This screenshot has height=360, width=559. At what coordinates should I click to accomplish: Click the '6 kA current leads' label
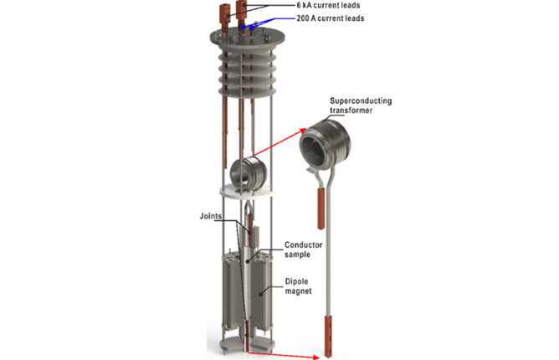click(328, 5)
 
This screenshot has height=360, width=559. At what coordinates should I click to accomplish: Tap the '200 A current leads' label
click(331, 18)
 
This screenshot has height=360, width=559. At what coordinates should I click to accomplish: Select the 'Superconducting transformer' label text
click(361, 105)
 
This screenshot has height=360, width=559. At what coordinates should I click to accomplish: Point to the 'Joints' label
click(211, 216)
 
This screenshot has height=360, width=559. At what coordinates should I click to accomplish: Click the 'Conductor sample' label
click(304, 249)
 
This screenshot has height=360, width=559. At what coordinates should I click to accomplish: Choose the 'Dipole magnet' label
click(298, 286)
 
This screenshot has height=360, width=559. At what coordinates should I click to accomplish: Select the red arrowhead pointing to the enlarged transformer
click(302, 131)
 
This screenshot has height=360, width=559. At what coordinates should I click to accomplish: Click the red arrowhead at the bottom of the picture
click(315, 357)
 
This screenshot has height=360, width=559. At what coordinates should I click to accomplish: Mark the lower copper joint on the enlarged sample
click(328, 336)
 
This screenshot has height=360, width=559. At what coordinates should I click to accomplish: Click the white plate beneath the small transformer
click(248, 191)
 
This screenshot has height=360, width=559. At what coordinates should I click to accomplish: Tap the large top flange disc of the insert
click(248, 39)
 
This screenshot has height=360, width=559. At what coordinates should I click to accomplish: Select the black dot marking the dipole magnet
click(260, 295)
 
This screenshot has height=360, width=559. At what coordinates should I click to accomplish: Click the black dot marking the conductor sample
click(248, 261)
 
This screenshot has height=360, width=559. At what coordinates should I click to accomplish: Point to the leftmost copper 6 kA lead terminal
click(225, 17)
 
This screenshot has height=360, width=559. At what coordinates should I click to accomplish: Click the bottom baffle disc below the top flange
click(248, 91)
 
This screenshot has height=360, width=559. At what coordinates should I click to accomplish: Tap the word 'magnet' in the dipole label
click(298, 291)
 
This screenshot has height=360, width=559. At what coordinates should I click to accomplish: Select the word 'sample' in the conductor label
click(297, 255)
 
